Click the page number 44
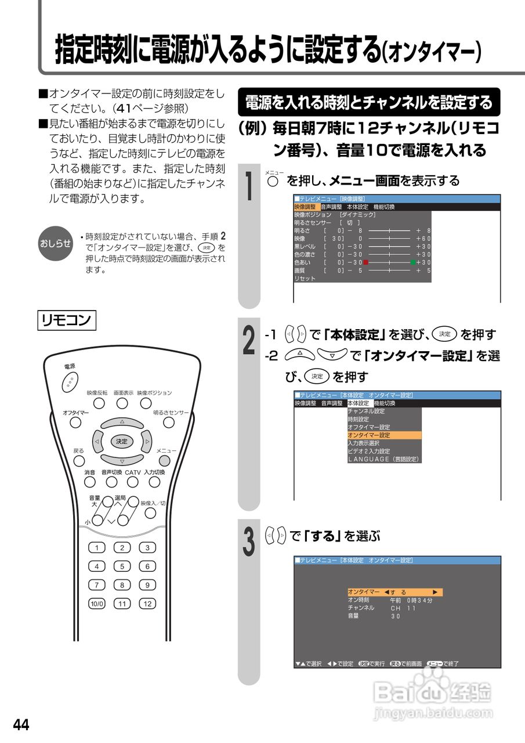[x=21, y=724]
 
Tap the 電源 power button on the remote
[x=69, y=381]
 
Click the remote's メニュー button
[x=165, y=461]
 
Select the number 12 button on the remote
[x=147, y=604]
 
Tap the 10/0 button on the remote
[x=96, y=604]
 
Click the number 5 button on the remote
[x=122, y=567]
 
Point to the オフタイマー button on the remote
[x=75, y=423]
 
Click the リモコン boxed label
[x=67, y=320]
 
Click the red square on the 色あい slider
[x=365, y=262]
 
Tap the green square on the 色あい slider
[x=413, y=262]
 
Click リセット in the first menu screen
[x=305, y=279]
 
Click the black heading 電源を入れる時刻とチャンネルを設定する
[x=369, y=103]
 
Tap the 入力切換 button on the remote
[x=154, y=482]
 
